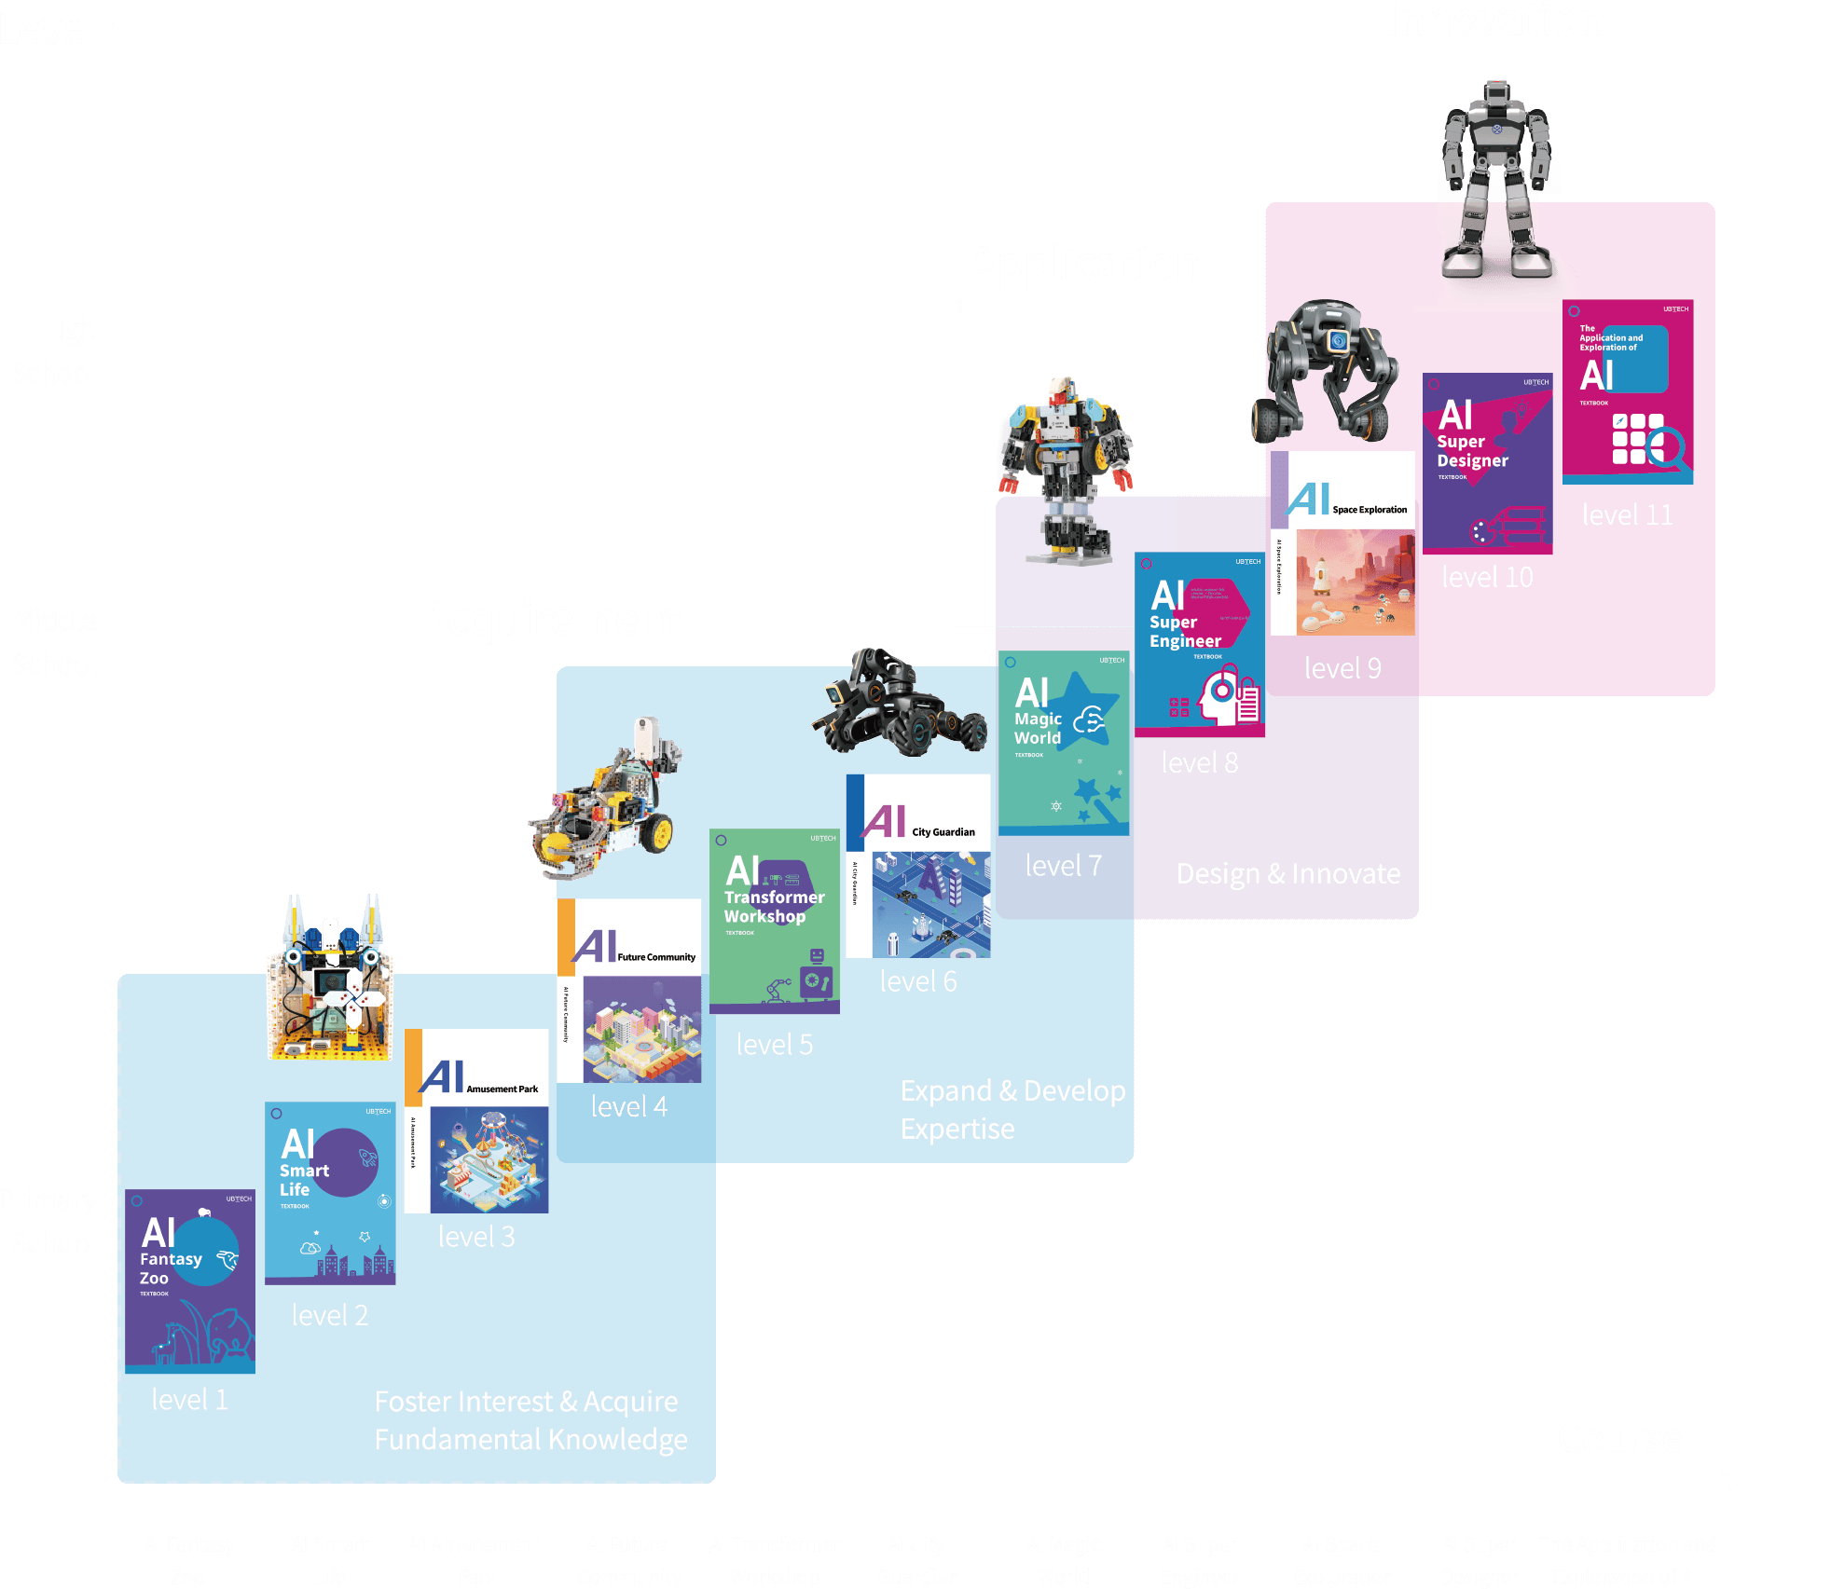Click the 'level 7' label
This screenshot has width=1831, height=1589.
(1063, 866)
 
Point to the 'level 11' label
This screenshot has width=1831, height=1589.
(1627, 515)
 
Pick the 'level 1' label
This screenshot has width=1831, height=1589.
(189, 1400)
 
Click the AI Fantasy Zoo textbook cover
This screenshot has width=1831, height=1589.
(190, 1280)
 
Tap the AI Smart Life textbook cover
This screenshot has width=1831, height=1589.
(330, 1193)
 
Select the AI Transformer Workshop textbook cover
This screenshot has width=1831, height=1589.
(774, 921)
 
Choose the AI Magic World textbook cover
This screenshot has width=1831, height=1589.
(1064, 743)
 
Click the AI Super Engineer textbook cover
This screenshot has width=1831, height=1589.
(1199, 644)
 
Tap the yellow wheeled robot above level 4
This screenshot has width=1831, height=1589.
(606, 801)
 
